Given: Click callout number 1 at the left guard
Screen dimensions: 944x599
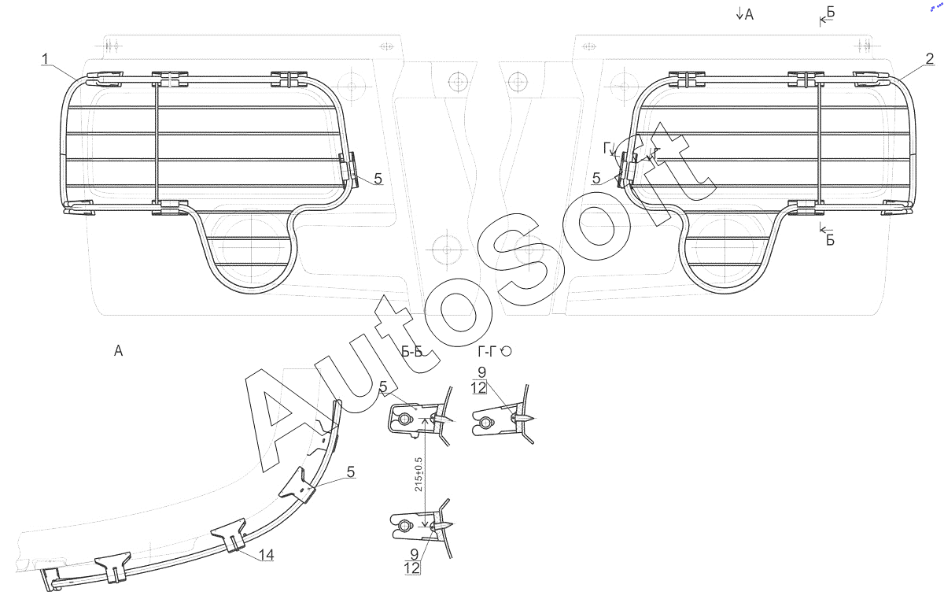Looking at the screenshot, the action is [x=46, y=59].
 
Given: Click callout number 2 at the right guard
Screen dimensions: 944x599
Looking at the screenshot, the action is [x=930, y=59].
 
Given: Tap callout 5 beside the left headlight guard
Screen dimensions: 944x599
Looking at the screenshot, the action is [x=378, y=179].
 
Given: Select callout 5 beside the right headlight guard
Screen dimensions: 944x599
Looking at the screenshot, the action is [x=596, y=179].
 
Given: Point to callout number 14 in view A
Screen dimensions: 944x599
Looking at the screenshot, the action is [x=267, y=555].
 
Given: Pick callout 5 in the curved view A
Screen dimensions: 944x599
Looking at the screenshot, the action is [x=351, y=471].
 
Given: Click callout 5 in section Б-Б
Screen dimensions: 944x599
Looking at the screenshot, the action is [x=383, y=386].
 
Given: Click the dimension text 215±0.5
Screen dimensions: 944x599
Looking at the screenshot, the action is [x=419, y=474].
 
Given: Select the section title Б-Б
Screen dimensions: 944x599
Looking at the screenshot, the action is [x=411, y=352].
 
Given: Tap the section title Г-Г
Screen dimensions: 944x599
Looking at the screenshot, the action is [x=489, y=351].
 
